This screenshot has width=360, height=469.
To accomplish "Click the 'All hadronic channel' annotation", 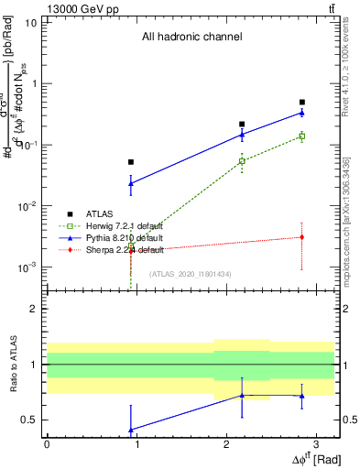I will (191, 38).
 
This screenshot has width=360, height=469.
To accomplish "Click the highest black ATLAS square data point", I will (302, 103).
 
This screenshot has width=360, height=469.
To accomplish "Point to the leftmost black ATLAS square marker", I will (131, 162).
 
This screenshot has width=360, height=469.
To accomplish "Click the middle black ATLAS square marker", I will (242, 124).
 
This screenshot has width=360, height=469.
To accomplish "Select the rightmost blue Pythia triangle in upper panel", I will (302, 113).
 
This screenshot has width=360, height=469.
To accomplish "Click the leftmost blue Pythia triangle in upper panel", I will (131, 183).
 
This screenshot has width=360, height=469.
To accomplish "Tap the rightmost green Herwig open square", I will (302, 136).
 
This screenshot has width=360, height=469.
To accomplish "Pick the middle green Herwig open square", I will (242, 161).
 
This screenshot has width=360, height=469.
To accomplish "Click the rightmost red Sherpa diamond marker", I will (302, 237).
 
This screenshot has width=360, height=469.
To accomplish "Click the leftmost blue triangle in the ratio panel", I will (131, 430).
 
